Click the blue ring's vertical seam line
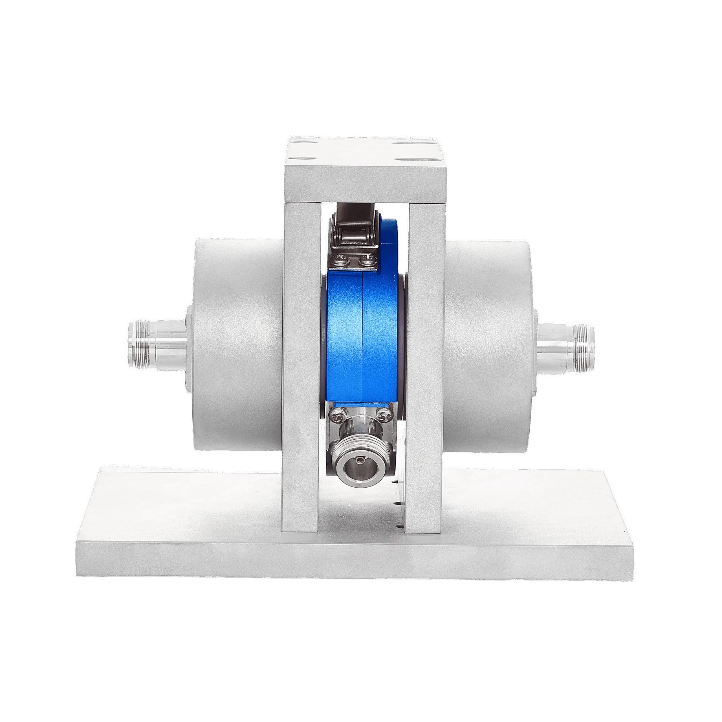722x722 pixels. click(362, 336)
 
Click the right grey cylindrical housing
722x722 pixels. click(488, 344)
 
